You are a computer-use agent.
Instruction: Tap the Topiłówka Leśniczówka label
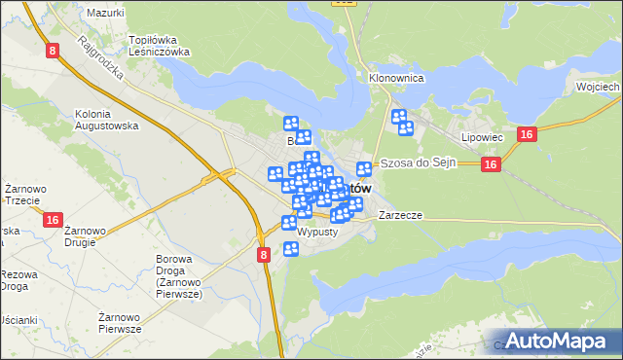159,47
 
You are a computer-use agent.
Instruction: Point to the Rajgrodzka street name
94,59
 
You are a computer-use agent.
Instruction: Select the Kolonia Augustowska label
106,120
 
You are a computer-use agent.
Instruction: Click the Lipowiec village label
482,137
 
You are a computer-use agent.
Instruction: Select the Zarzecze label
400,215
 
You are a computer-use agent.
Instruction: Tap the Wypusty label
317,234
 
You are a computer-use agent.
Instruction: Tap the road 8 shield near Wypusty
264,254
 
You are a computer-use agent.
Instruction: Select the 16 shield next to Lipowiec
525,135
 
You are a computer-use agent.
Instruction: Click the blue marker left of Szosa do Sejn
364,169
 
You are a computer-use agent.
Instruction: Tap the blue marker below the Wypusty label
290,250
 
